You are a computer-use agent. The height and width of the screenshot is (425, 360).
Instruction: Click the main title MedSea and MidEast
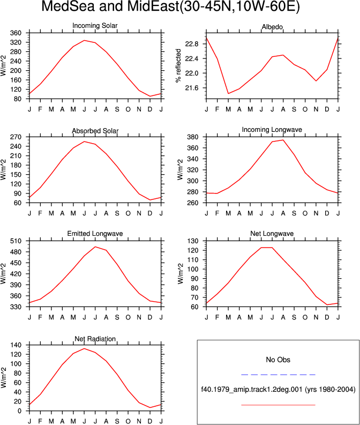click(x=171, y=6)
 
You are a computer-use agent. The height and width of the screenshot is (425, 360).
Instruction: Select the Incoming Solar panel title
click(x=95, y=26)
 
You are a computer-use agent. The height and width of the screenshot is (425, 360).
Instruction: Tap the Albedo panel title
click(x=272, y=27)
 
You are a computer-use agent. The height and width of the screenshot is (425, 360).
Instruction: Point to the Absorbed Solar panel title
click(x=95, y=131)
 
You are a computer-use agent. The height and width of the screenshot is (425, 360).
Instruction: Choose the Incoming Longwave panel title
click(x=272, y=130)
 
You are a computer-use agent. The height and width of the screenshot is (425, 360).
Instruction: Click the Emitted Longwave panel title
click(x=95, y=234)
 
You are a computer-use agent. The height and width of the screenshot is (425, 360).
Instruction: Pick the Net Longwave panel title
click(x=272, y=234)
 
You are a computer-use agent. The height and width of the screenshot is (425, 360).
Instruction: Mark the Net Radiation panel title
click(x=95, y=339)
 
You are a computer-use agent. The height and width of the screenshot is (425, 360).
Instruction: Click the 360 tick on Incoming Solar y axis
click(x=16, y=33)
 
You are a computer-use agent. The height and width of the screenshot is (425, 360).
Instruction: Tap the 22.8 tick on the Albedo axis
click(x=192, y=44)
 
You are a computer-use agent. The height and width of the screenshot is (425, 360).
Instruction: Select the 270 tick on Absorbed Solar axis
click(x=16, y=137)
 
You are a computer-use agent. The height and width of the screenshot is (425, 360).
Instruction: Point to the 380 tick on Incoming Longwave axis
click(x=193, y=137)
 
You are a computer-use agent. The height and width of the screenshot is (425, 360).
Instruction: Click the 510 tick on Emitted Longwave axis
click(x=16, y=241)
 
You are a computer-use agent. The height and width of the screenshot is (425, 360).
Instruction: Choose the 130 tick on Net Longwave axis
click(x=193, y=241)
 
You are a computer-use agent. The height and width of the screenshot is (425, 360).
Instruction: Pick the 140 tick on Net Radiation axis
click(x=16, y=345)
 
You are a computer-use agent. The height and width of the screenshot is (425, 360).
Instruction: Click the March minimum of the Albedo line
click(x=228, y=93)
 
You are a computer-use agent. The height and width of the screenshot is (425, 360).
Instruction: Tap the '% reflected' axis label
click(x=178, y=65)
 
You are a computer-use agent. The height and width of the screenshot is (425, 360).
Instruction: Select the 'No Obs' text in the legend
click(x=278, y=360)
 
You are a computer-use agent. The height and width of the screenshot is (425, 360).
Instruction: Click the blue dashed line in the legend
click(x=278, y=375)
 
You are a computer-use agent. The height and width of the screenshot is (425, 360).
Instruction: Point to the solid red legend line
click(x=278, y=405)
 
